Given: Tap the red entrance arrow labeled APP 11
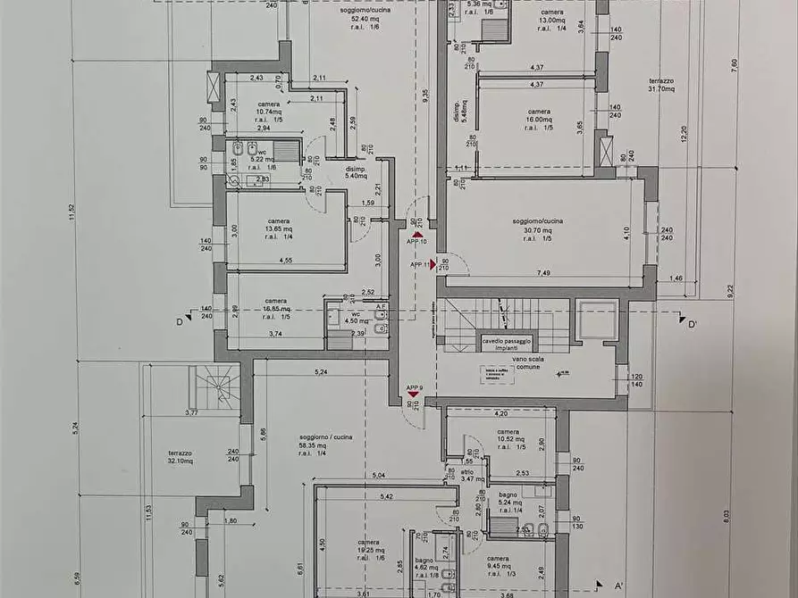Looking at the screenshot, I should coord(433,264).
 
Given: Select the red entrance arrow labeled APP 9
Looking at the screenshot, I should coord(414,394).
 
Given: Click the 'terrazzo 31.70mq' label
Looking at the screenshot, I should coord(661,84).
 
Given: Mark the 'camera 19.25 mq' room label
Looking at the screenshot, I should coord(368,550).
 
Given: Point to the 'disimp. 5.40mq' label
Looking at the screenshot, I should coord(356,171).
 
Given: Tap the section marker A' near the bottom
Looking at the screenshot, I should coord(617,585).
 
